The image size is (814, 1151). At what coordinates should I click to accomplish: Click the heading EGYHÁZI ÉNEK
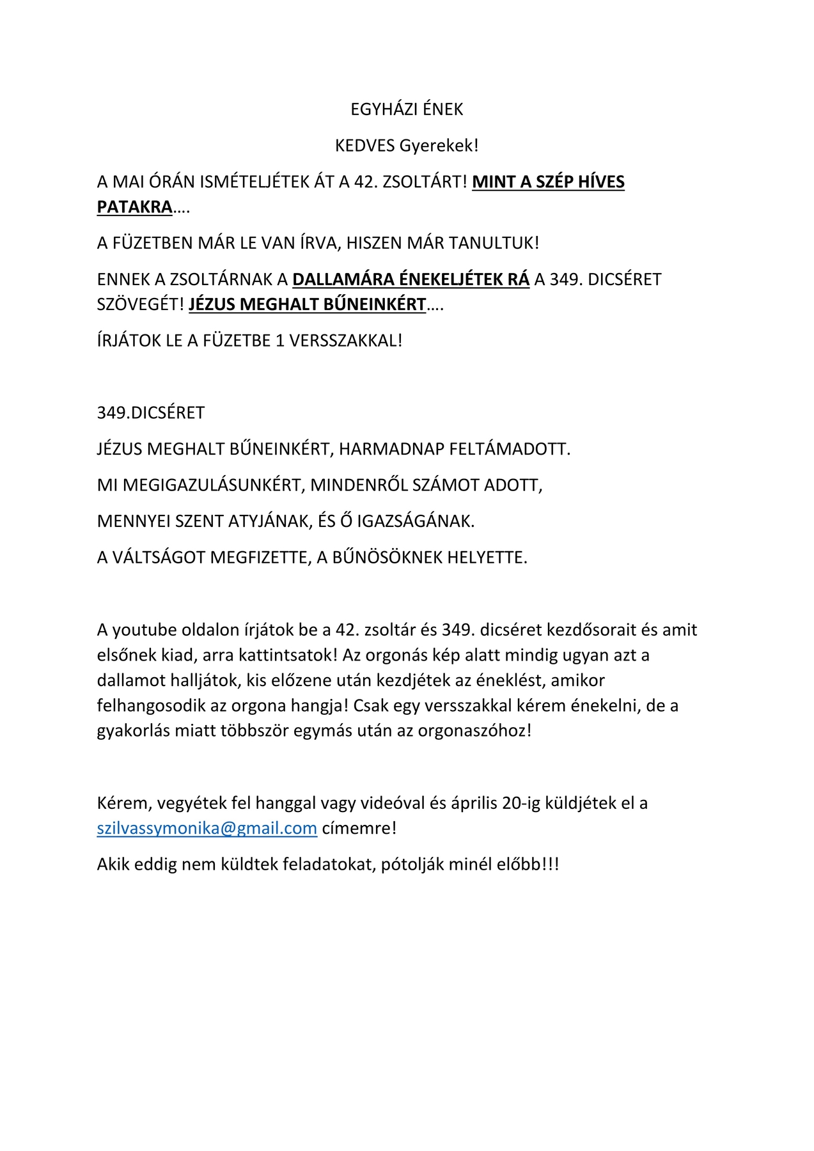click(407, 109)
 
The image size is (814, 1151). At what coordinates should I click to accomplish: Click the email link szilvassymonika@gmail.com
click(207, 828)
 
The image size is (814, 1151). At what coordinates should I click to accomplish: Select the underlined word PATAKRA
click(135, 207)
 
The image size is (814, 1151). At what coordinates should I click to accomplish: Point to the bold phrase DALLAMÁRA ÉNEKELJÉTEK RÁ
click(411, 279)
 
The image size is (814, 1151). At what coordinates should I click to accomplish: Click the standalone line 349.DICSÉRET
click(151, 413)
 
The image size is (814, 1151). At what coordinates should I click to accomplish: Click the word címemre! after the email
click(359, 828)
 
